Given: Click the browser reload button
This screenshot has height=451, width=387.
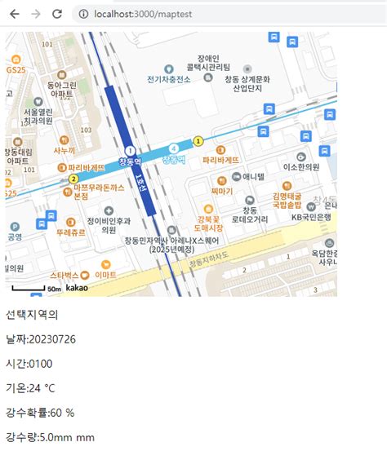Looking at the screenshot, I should click(x=56, y=14).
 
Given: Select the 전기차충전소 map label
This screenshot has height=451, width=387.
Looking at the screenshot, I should click(x=169, y=79).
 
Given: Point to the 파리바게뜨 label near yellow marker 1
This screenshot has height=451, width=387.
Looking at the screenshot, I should click(x=220, y=160).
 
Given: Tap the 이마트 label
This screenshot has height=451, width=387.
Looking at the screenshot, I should click(x=105, y=276).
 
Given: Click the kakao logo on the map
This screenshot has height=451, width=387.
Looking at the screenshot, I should click(x=77, y=289).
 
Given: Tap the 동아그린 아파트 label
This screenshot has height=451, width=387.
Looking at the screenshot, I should click(x=61, y=90).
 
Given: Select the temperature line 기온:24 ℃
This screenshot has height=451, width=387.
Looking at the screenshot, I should click(x=42, y=388).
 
